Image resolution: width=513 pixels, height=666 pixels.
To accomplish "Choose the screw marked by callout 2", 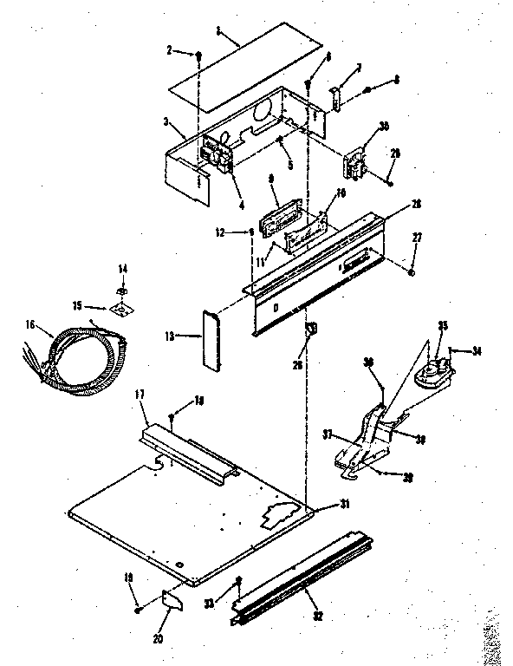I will [x=198, y=55].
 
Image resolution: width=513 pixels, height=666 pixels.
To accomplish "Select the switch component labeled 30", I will [x=354, y=162].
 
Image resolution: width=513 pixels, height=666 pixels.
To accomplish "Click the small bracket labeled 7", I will [x=336, y=97].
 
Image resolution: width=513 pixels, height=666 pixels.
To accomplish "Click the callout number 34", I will [x=477, y=351].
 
